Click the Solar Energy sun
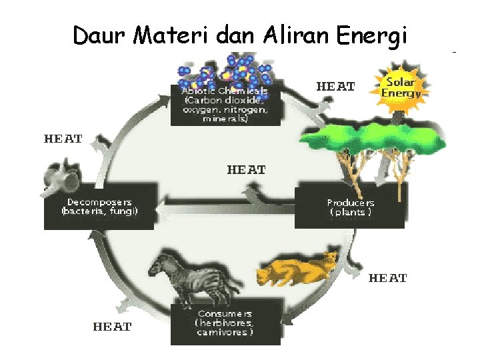401,87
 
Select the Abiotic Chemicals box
225,105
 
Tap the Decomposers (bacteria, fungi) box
99,208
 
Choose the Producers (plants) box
350,208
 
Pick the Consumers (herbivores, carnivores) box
225,324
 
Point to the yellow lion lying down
299,268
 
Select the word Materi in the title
172,34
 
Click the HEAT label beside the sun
335,87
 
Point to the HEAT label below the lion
387,278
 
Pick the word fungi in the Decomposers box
125,211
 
